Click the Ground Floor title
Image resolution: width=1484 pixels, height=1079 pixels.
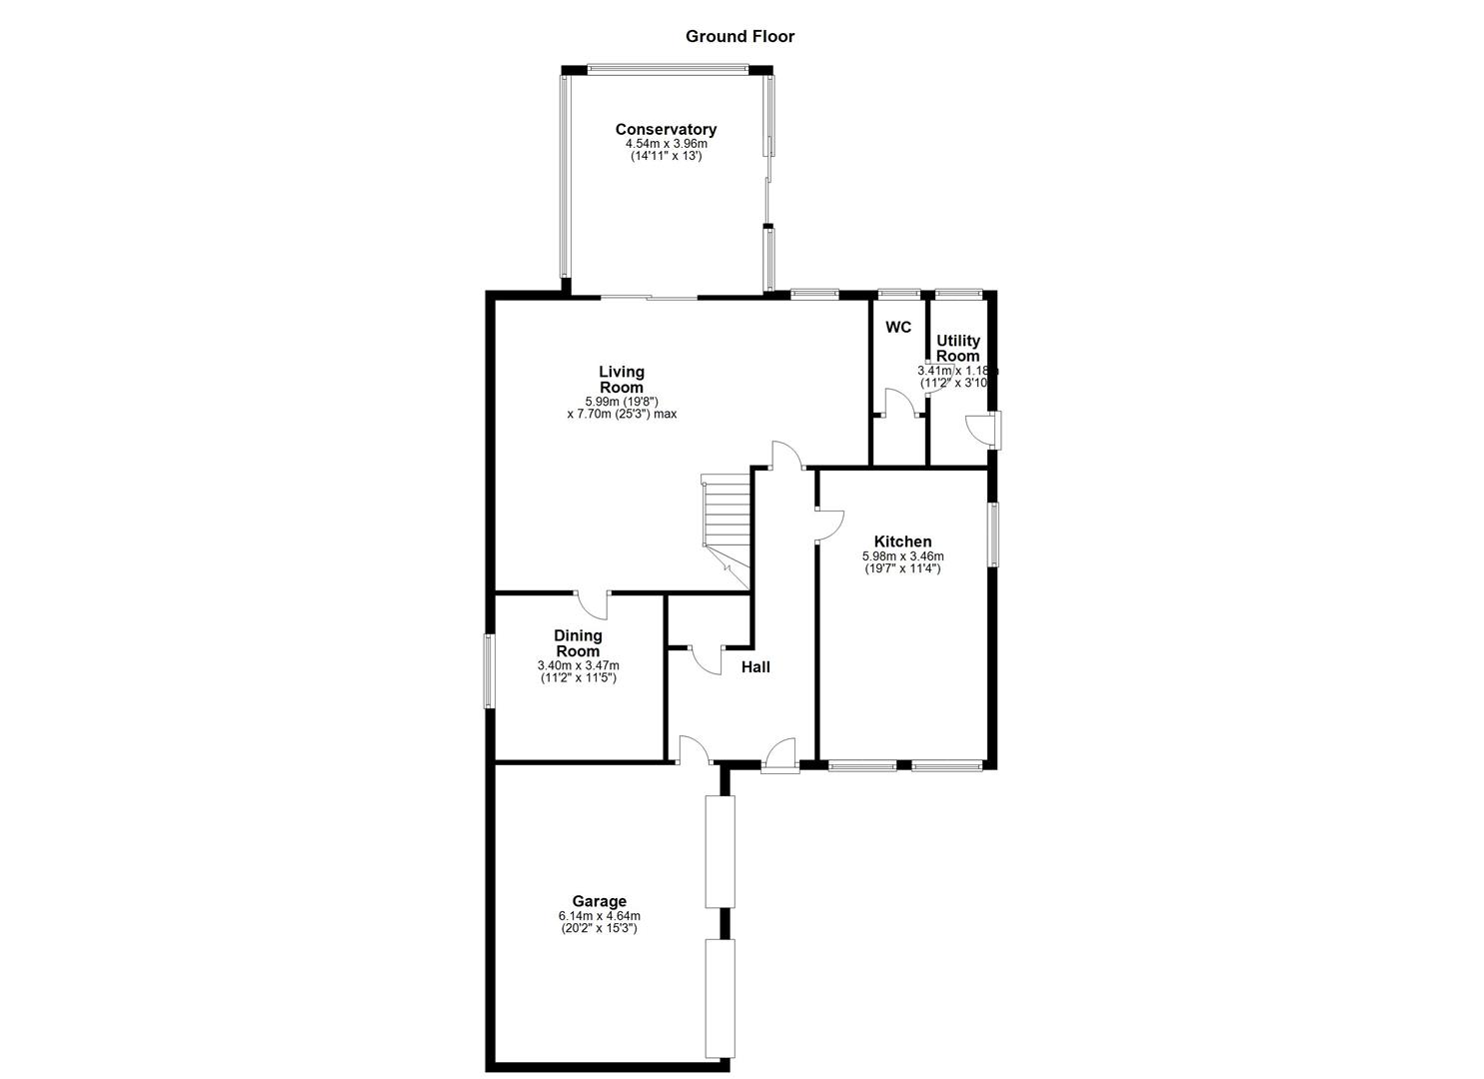point(740,37)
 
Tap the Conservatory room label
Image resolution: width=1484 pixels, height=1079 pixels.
point(666,130)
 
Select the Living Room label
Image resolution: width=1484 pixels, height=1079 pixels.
point(621,380)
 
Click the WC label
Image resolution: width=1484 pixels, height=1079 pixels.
point(898,328)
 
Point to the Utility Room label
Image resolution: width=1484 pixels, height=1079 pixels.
point(957,348)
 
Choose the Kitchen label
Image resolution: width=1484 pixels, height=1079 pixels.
point(902,541)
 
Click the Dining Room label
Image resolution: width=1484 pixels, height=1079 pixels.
point(578,643)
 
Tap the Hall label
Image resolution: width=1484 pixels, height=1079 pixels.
point(755,667)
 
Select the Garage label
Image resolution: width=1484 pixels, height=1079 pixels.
point(599,901)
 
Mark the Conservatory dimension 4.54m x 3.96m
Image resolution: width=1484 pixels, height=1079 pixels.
point(666,144)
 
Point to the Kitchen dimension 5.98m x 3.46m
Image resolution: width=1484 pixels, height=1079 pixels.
point(902,556)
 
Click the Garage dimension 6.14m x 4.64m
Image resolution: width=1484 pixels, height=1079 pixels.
point(599,916)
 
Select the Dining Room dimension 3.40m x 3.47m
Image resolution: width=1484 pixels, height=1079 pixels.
point(578,665)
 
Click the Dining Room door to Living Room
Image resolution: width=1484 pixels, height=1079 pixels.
point(592,603)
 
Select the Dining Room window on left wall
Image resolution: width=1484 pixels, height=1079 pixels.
point(489,671)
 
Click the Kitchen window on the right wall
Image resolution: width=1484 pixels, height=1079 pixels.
point(993,535)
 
